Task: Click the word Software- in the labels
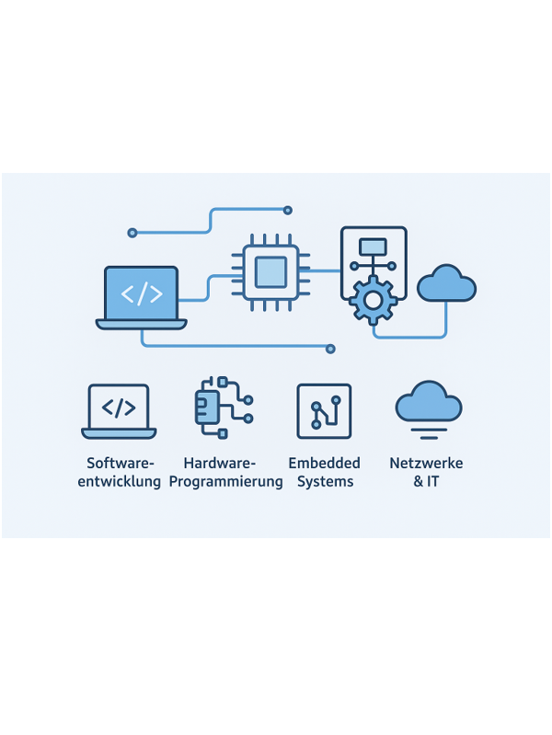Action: [x=121, y=463]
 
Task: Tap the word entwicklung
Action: [x=119, y=482]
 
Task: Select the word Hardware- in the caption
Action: [x=220, y=463]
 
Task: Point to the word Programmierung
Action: [x=225, y=482]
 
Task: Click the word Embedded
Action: [x=324, y=463]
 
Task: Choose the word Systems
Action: [x=325, y=482]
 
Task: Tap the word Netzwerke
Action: [x=426, y=463]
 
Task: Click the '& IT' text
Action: [x=426, y=481]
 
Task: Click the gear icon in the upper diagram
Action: [x=373, y=300]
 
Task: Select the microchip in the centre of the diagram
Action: [x=270, y=272]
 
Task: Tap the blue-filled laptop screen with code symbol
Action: [x=141, y=293]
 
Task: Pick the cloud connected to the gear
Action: [x=446, y=282]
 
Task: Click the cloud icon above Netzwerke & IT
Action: [x=428, y=401]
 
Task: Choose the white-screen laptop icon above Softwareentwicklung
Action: [x=119, y=411]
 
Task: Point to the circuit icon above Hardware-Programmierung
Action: [x=224, y=408]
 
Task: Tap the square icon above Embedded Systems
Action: [x=324, y=411]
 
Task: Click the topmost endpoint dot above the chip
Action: [x=287, y=211]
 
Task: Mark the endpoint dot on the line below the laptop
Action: [x=330, y=349]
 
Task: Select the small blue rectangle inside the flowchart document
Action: [x=373, y=247]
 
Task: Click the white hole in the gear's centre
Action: [x=373, y=301]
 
